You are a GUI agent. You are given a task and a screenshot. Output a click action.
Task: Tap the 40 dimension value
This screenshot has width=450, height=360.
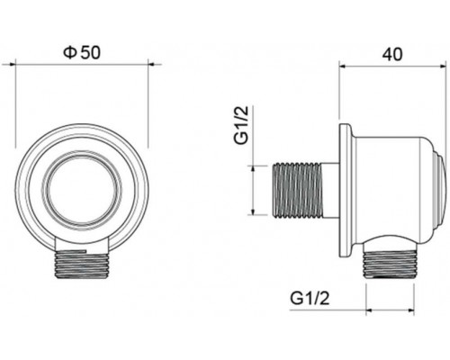391,53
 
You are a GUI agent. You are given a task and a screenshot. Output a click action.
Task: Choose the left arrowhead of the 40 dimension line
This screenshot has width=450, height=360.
342,66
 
